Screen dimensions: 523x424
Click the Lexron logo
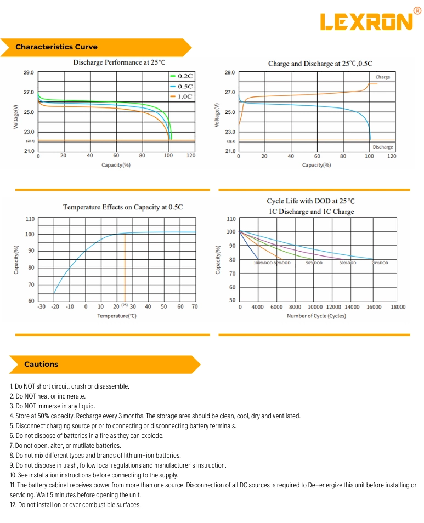tap(366, 21)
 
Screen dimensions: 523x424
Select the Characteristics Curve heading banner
tap(56, 47)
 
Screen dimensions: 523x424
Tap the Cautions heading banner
tap(41, 364)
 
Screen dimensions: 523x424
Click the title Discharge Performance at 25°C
tap(119, 62)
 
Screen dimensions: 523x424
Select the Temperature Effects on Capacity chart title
tap(123, 207)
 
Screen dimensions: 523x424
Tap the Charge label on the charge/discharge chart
tap(383, 77)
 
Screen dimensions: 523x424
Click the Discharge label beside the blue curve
tap(382, 147)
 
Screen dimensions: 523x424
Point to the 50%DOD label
tap(314, 263)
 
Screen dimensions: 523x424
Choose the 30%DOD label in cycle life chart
tap(347, 263)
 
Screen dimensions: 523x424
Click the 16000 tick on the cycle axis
tap(374, 307)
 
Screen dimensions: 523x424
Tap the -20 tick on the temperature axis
tap(55, 306)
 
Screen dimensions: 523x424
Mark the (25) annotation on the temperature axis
tap(125, 305)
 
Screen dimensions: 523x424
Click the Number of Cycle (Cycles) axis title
tap(316, 316)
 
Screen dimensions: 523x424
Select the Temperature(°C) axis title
tap(117, 316)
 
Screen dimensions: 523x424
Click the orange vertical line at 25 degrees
tap(125, 269)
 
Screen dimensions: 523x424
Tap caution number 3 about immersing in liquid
tap(53, 406)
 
